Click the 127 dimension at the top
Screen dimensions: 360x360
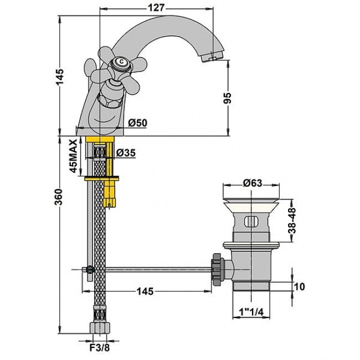[156, 8]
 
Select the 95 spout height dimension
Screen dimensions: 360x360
[228, 98]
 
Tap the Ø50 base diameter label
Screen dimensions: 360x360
[137, 123]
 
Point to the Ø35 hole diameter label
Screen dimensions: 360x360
[126, 153]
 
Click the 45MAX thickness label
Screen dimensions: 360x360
[74, 156]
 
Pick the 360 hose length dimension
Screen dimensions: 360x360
[59, 197]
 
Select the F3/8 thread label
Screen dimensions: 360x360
[99, 348]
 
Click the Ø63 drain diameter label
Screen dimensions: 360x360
[253, 183]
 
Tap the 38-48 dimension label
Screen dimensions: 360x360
[292, 220]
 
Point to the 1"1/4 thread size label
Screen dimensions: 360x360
[251, 312]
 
